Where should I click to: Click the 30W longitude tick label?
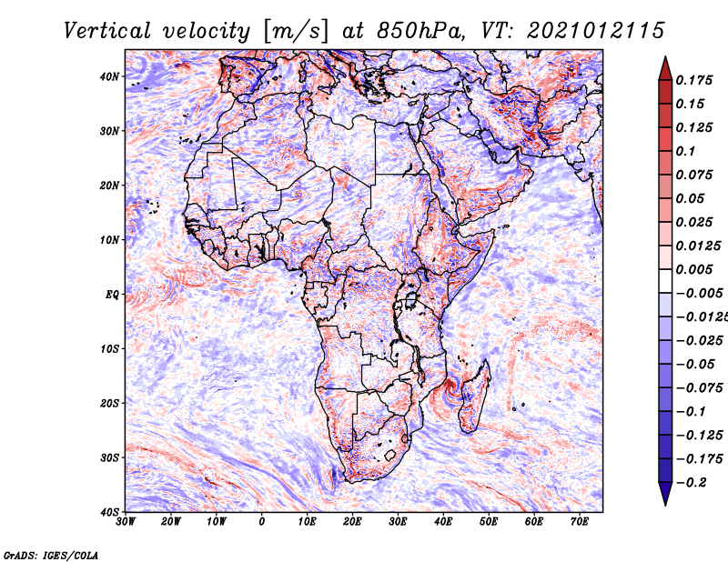126,521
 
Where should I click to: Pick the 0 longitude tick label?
262,521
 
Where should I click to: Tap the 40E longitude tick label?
443,521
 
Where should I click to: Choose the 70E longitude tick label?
580,521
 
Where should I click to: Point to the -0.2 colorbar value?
689,482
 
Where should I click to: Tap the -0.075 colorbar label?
695,387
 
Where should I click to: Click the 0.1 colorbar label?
685,151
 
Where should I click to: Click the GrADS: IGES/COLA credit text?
51,554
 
